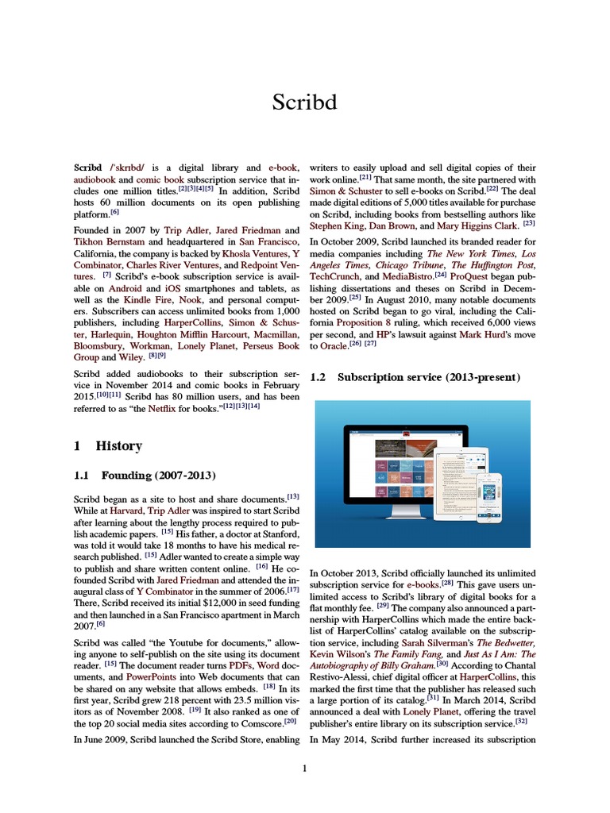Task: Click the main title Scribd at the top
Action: coord(304,103)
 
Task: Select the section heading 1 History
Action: coord(108,446)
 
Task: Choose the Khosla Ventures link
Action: coord(239,253)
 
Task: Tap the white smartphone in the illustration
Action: coord(493,497)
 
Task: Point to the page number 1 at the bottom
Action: coord(304,768)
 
